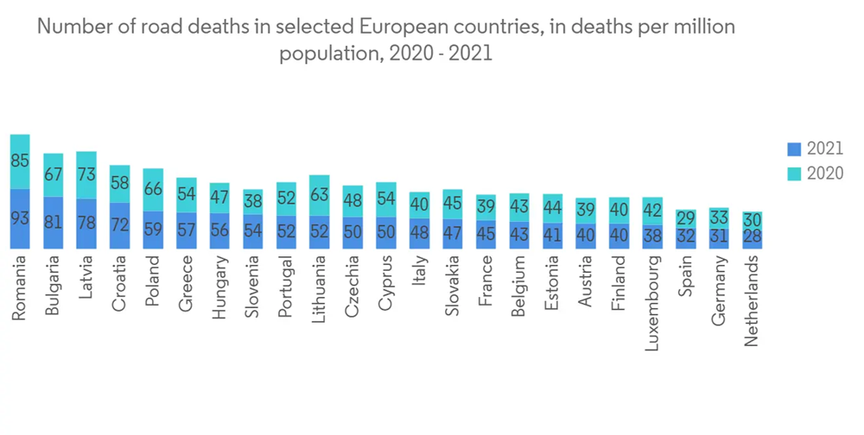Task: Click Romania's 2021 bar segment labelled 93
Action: click(20, 219)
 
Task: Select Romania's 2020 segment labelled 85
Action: click(20, 161)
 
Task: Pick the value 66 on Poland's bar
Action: click(153, 189)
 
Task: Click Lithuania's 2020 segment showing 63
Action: click(320, 195)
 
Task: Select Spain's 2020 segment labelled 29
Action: click(686, 218)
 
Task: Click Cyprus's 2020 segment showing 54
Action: click(386, 199)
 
